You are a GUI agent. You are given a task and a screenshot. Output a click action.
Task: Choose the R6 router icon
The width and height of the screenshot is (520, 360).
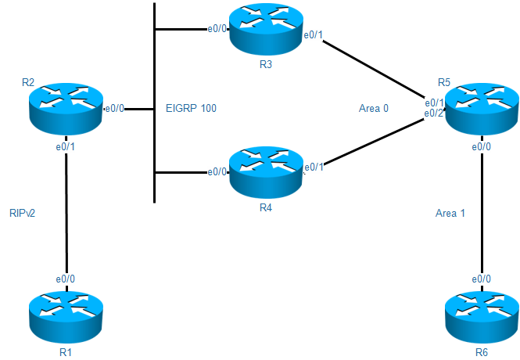coord(481,314)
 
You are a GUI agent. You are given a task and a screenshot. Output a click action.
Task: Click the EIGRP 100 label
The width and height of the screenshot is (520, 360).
coord(191,108)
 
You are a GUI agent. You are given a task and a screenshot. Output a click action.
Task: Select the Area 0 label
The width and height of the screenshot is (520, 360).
coord(374,108)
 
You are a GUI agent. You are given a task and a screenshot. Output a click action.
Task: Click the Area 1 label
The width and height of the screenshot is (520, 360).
coord(450,212)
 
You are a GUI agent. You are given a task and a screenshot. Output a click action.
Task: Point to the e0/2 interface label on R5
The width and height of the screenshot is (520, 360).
coord(434,113)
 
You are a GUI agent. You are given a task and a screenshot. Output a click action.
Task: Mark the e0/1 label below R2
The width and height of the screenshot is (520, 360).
coord(65,146)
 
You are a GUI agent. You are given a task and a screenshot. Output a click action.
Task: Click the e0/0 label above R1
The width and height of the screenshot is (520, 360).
coord(65,279)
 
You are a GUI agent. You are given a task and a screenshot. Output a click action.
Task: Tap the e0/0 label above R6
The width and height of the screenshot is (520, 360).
coord(480,279)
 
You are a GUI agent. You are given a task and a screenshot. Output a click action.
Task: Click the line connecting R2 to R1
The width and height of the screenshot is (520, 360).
coord(66,211)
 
